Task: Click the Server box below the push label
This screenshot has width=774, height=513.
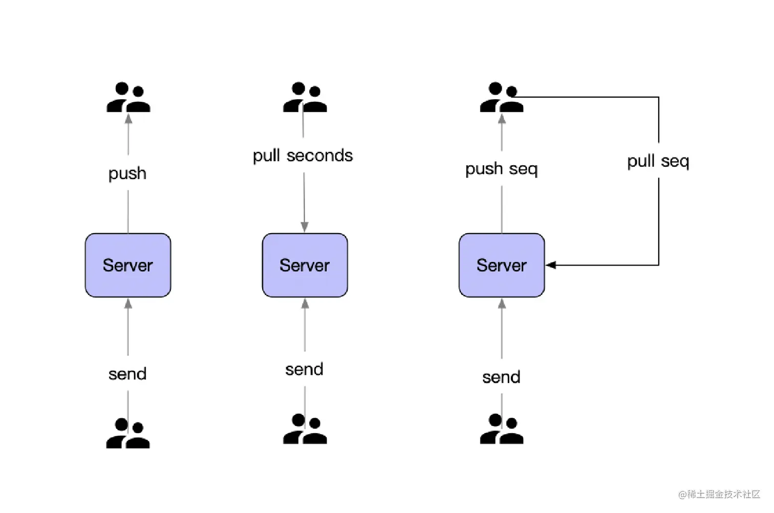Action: tap(128, 265)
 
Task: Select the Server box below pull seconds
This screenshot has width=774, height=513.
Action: tap(305, 265)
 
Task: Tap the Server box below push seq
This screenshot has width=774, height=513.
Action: tap(502, 265)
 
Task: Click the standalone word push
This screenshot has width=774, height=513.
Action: tap(127, 173)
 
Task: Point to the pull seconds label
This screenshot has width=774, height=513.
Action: tap(303, 155)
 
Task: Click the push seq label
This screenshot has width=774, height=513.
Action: tap(502, 169)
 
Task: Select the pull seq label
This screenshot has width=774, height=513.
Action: tap(658, 161)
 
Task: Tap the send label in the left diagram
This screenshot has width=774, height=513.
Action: tap(127, 374)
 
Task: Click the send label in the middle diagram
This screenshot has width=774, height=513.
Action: tap(305, 369)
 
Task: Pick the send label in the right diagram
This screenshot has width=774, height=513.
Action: tap(501, 377)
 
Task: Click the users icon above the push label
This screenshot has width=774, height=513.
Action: tap(128, 97)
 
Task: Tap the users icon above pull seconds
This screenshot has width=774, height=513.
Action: tap(305, 97)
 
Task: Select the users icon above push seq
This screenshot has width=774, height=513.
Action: tap(502, 97)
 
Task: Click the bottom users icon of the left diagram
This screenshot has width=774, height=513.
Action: tap(128, 433)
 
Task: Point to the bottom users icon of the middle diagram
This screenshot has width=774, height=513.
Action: tap(305, 429)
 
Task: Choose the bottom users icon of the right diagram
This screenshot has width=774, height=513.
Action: tap(502, 429)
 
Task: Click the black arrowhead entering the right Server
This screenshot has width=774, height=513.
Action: tap(551, 265)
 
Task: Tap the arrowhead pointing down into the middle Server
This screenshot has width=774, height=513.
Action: tap(305, 227)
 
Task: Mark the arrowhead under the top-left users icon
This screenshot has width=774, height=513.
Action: tap(128, 119)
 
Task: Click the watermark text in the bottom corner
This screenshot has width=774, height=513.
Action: tap(719, 495)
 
